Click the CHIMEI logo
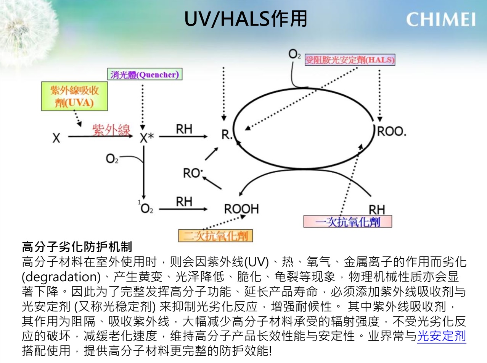[x=441, y=19]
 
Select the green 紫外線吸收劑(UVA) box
[x=74, y=96]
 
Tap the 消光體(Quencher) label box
[x=145, y=74]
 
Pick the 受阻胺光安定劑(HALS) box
[x=350, y=60]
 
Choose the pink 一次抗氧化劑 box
[x=347, y=222]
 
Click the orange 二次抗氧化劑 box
[x=215, y=236]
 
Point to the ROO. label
[x=392, y=131]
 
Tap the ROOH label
[x=241, y=209]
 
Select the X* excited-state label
[x=147, y=138]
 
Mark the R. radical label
[x=227, y=134]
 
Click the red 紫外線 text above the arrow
[x=111, y=130]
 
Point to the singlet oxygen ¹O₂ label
[x=146, y=207]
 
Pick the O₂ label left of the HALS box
[x=294, y=54]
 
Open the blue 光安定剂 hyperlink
[x=442, y=336]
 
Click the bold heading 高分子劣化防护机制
[x=77, y=246]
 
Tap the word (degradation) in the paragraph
[x=61, y=277]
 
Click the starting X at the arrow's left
[x=56, y=138]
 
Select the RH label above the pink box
[x=377, y=210]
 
